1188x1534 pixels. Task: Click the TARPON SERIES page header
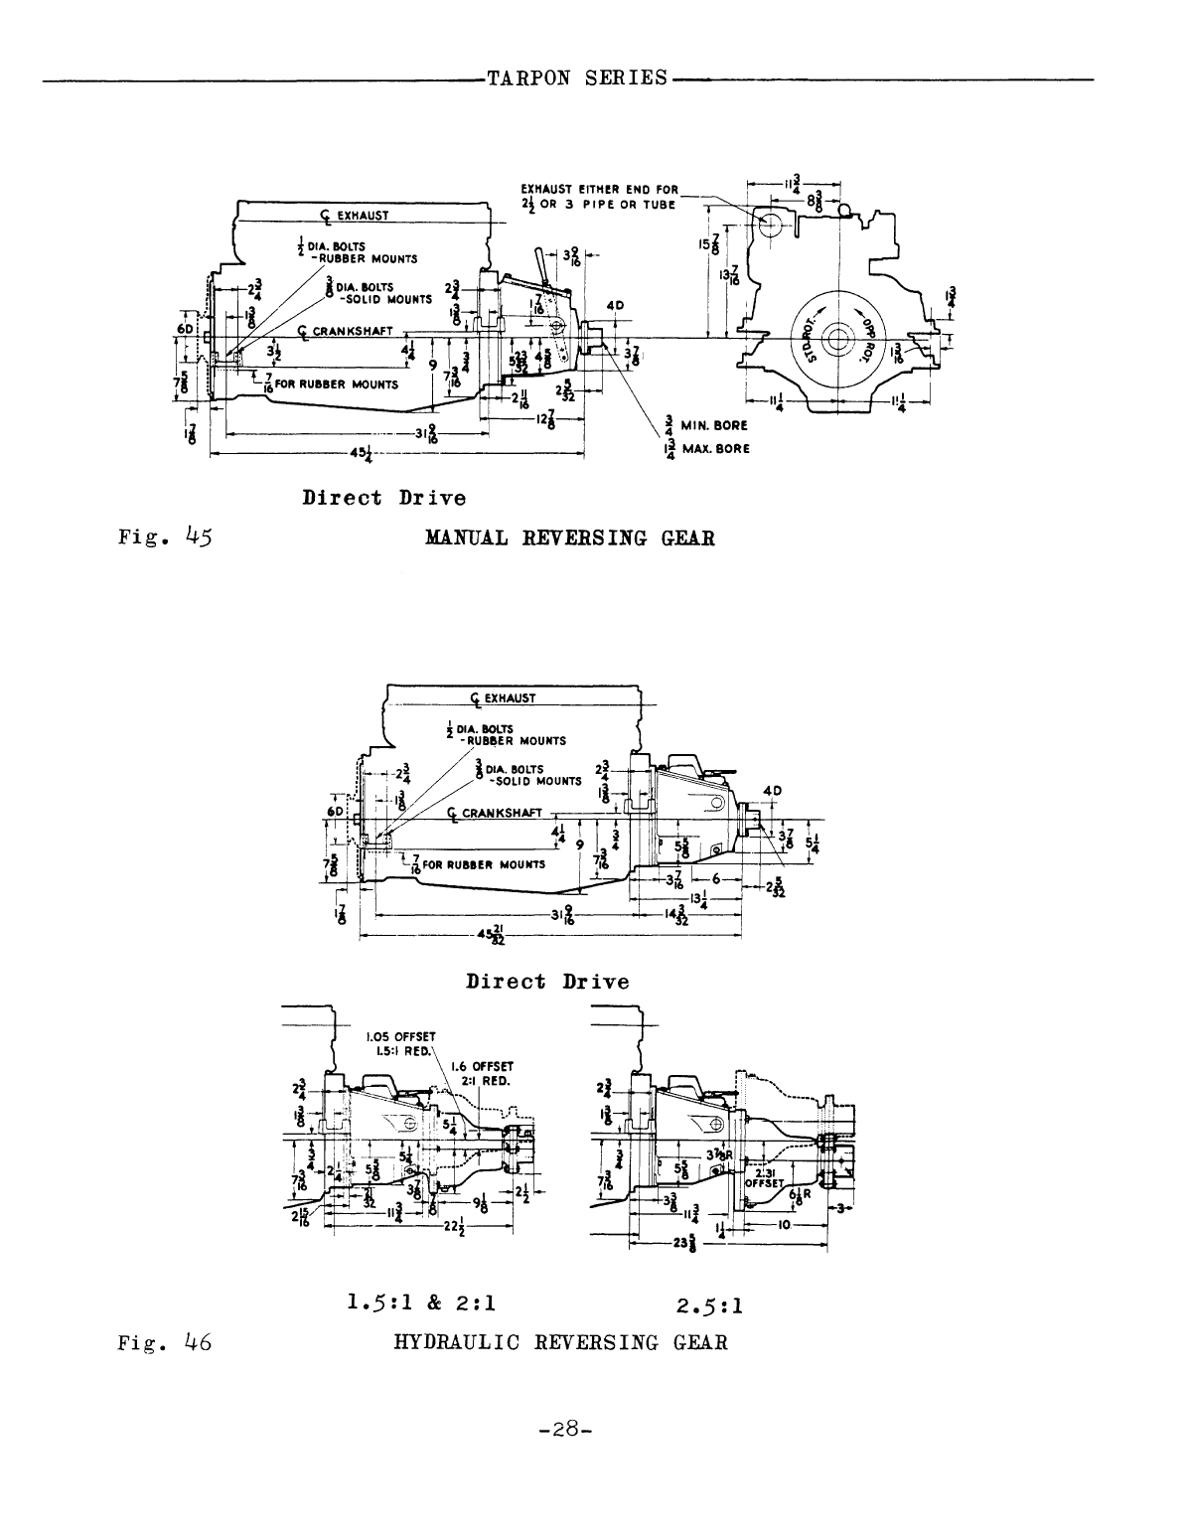575,77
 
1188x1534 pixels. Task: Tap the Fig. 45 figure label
162,538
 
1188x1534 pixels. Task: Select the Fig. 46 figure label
162,1342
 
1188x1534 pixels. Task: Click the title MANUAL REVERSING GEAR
569,538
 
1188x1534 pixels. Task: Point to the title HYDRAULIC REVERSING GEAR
560,1342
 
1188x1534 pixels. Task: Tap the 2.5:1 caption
708,1305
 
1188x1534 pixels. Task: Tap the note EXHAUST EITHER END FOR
599,189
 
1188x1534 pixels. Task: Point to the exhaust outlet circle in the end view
769,225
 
